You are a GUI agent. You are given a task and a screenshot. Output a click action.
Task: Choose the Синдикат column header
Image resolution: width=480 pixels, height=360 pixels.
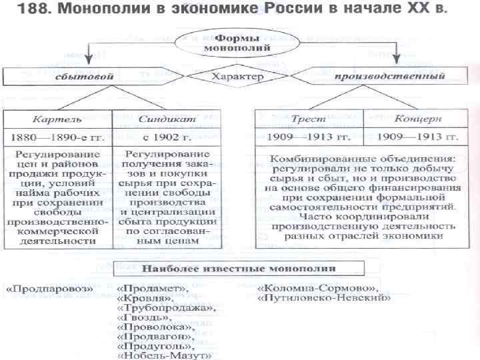click(x=158, y=119)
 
